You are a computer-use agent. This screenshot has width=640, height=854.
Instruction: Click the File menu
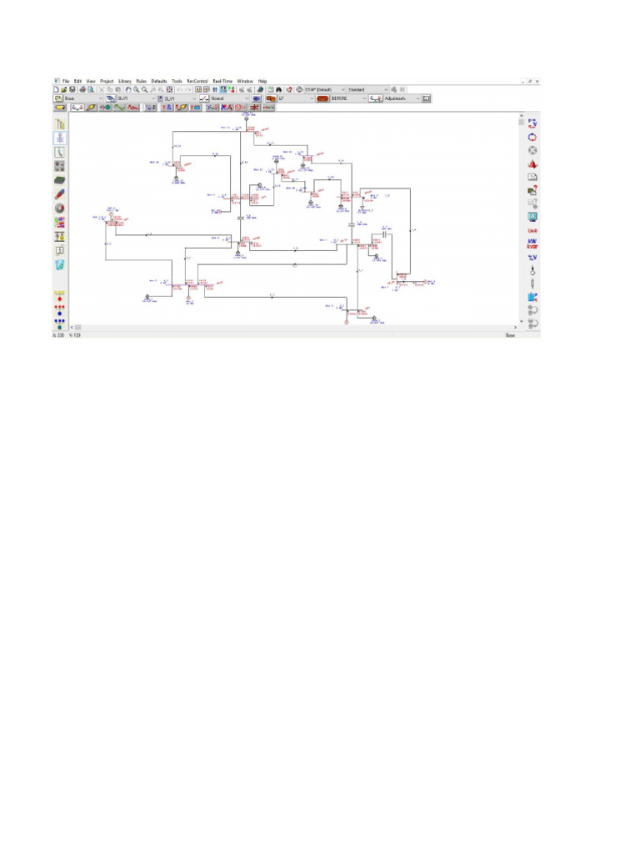(x=66, y=81)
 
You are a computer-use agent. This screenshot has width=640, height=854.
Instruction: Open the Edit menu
(x=77, y=81)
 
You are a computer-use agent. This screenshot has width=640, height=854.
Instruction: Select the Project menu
(x=107, y=81)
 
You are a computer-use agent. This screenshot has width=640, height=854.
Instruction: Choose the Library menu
(x=125, y=81)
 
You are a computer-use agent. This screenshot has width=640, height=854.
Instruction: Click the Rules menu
(x=142, y=81)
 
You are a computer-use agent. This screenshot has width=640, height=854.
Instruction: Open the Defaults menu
(x=159, y=81)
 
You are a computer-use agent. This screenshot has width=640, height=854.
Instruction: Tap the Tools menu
(x=177, y=81)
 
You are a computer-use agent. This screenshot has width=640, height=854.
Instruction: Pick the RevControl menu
(x=197, y=81)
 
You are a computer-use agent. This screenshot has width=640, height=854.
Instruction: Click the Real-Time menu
(x=222, y=81)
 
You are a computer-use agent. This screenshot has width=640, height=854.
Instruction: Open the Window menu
(x=245, y=81)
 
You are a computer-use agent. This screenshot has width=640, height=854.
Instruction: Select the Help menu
(x=262, y=81)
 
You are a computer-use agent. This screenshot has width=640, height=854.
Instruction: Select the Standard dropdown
(x=367, y=89)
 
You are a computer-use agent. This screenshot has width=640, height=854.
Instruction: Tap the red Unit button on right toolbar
(x=532, y=230)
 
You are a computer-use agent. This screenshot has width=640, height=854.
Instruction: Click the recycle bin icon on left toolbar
(x=60, y=265)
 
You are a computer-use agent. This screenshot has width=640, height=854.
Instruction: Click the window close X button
(x=537, y=81)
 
